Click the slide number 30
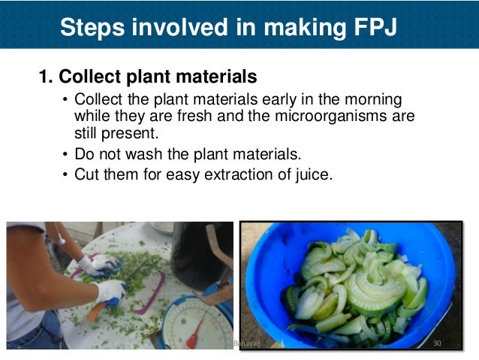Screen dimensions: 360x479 coord(438,343)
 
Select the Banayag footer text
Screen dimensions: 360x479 coord(245,343)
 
